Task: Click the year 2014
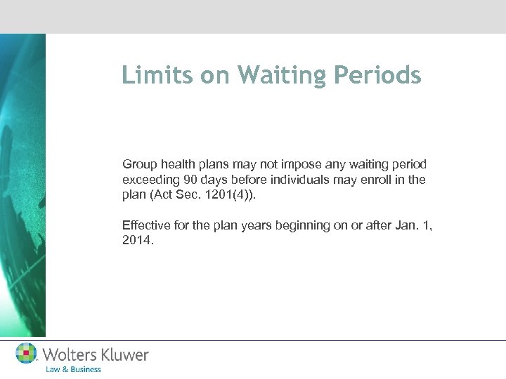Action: pos(136,241)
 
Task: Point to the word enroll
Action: pos(363,180)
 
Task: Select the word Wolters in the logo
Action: pos(69,354)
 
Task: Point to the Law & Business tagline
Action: pos(72,369)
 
